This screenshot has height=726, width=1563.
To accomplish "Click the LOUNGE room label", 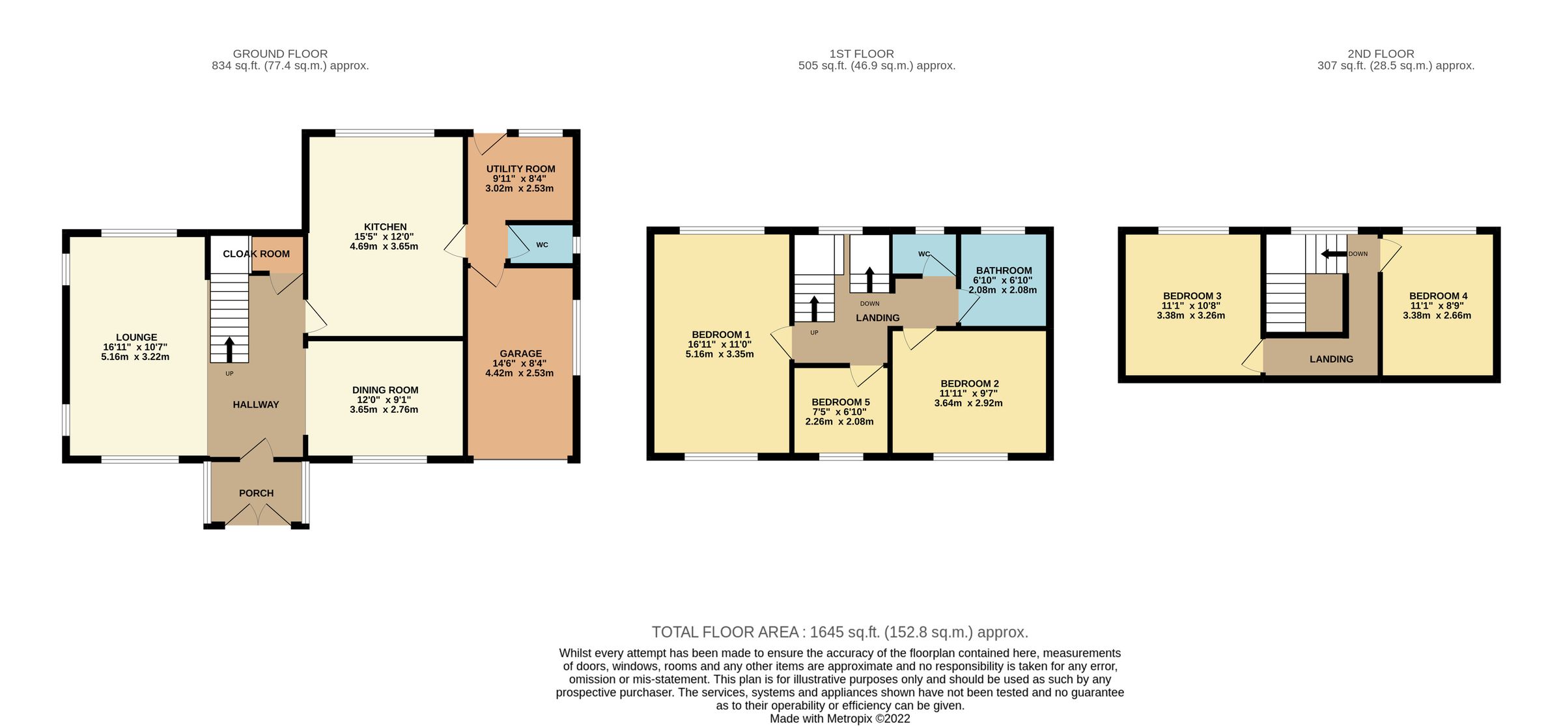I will [136, 337].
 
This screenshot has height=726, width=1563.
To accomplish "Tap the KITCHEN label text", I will [385, 227].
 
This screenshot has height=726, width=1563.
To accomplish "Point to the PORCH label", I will [256, 493].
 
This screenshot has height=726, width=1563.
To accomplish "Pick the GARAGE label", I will [520, 354].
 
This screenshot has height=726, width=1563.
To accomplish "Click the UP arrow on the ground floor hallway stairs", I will [229, 348].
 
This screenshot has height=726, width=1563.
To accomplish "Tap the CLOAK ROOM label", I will [256, 253].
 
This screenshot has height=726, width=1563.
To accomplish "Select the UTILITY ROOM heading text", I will [520, 169].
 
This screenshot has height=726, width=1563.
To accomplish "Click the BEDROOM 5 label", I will [840, 402].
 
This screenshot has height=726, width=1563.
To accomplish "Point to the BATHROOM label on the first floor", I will [1004, 270].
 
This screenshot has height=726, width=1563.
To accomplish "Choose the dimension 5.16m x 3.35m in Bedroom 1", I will [719, 354].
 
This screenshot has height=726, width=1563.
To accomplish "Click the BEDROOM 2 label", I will [969, 384].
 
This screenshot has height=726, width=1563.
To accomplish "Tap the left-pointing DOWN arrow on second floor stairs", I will [1331, 254].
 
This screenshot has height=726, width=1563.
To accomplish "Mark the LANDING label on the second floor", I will [1331, 359].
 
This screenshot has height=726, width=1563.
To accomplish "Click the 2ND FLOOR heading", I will [1381, 54].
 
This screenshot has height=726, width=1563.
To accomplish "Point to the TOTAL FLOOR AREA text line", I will [839, 632].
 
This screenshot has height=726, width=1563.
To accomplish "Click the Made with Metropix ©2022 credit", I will [839, 719].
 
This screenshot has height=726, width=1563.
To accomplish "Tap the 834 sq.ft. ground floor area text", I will [290, 66].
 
